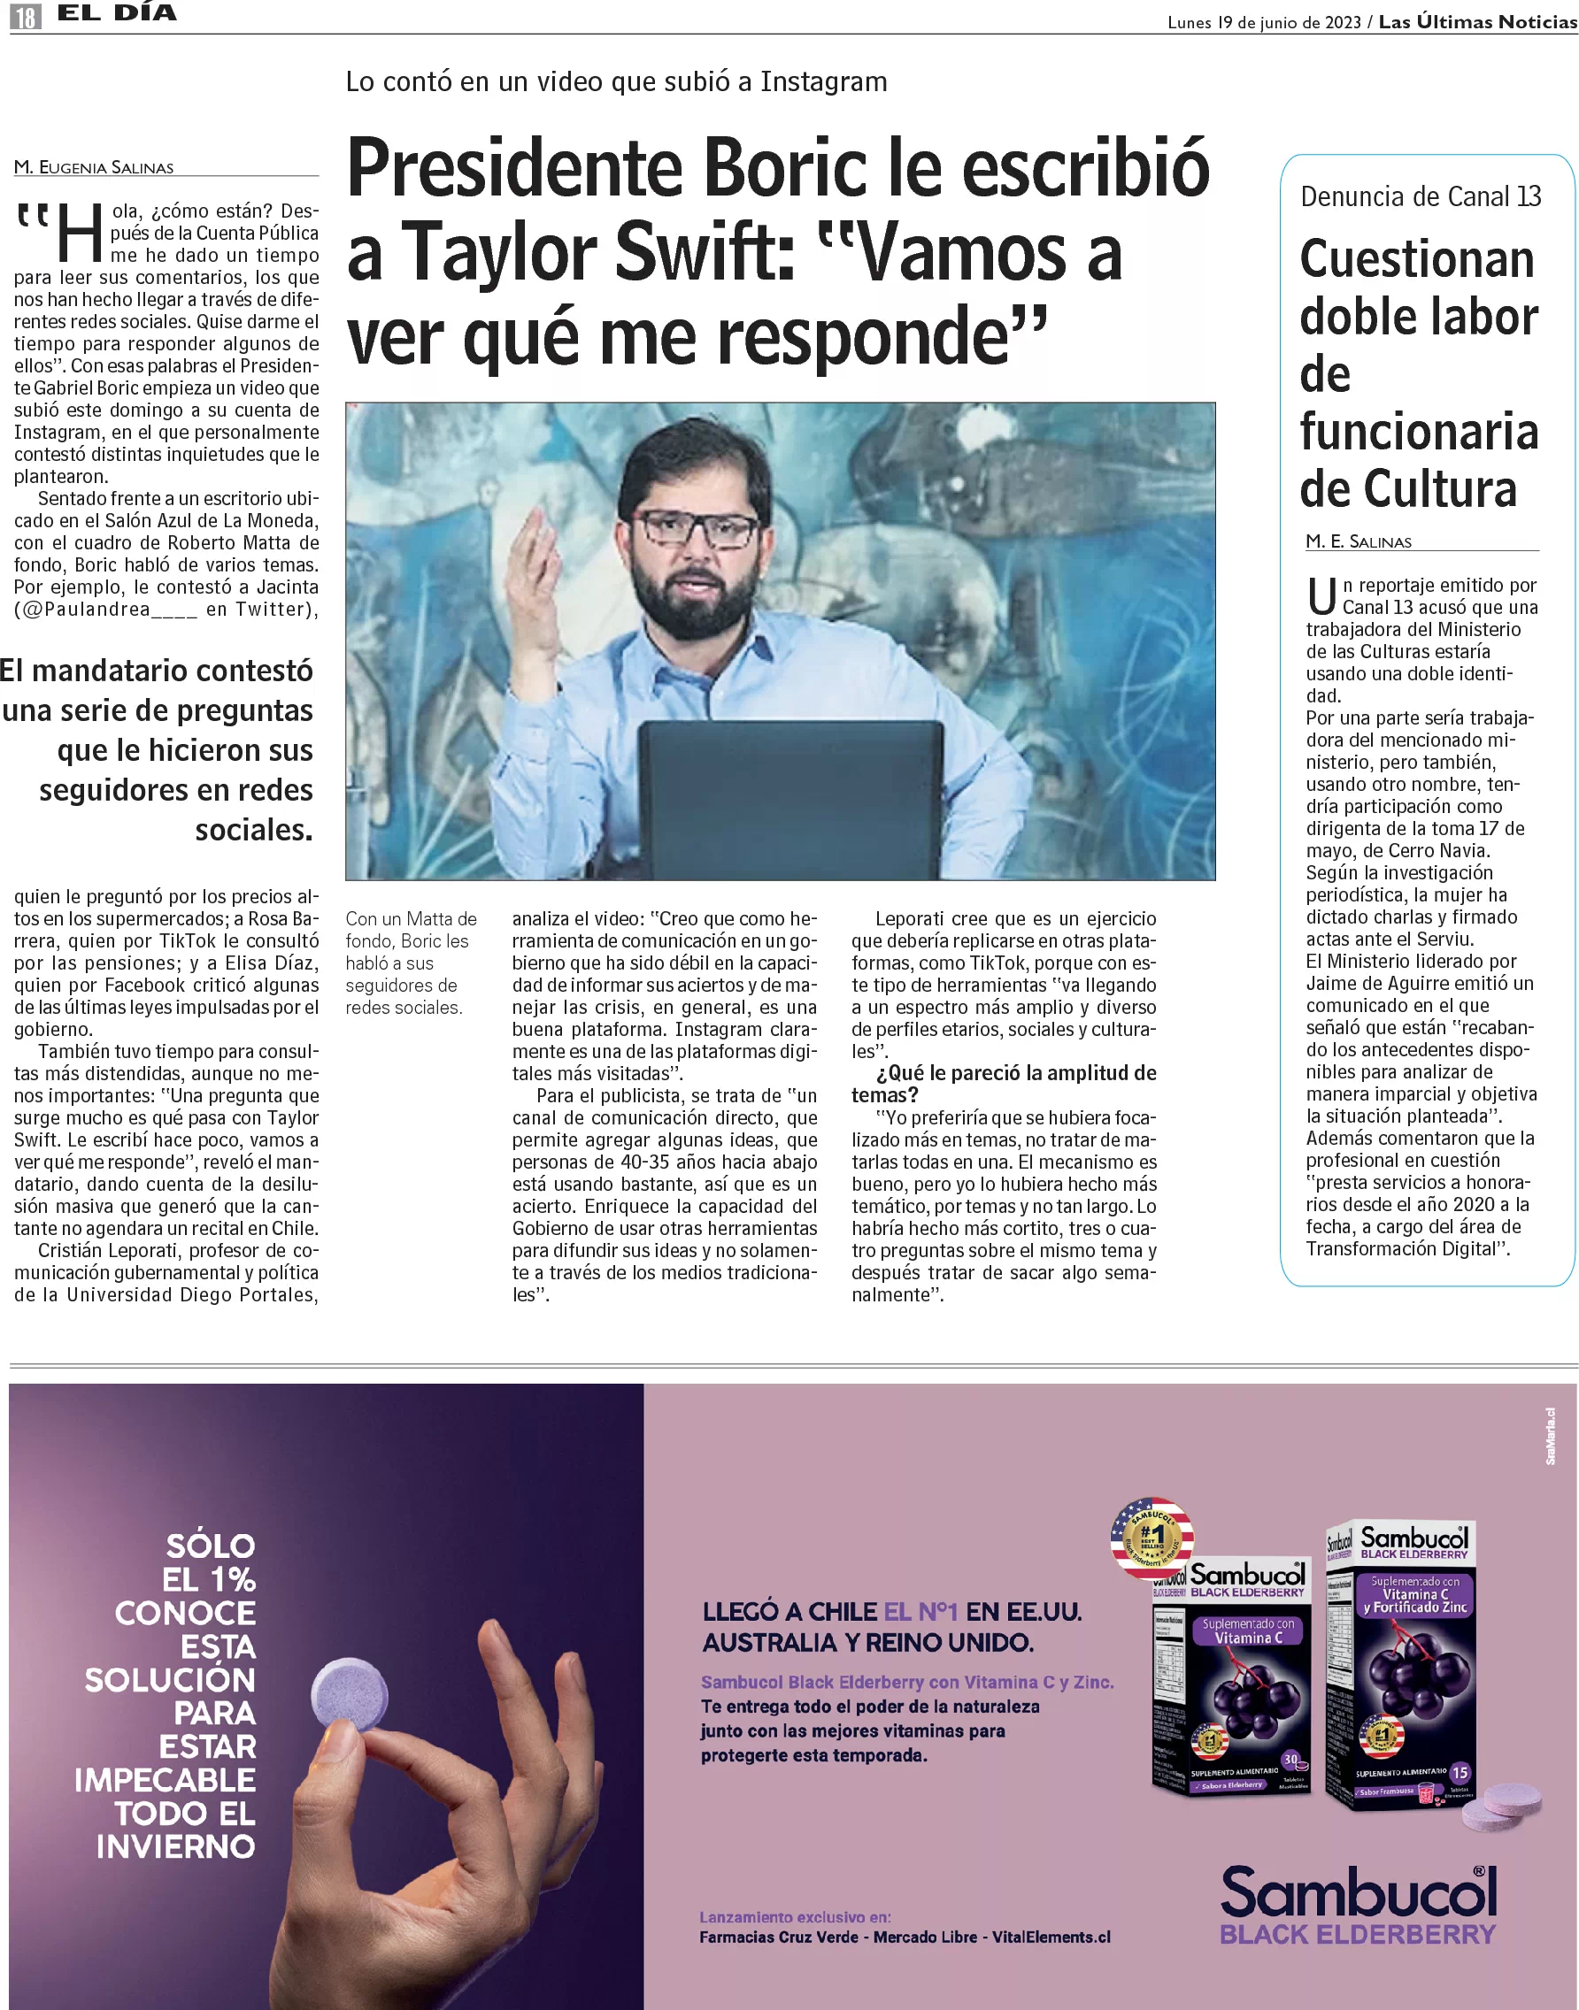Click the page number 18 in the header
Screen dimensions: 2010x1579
[26, 16]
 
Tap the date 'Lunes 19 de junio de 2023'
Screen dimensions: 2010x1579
[1263, 22]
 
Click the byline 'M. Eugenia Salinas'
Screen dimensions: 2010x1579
[93, 167]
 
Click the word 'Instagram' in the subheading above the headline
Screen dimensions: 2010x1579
[823, 82]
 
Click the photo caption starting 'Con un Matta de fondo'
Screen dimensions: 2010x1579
[411, 963]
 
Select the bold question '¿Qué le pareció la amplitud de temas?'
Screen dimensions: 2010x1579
[1003, 1084]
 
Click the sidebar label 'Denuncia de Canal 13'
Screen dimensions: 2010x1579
[1420, 196]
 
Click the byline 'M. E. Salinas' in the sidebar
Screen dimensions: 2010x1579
[1358, 541]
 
